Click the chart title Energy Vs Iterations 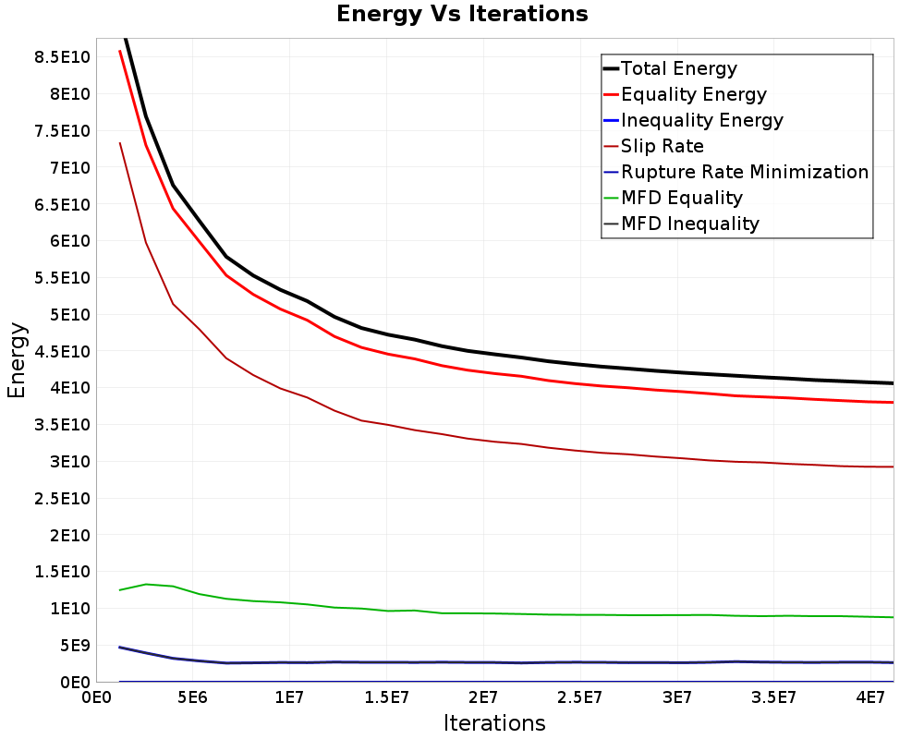462,14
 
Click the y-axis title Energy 17,360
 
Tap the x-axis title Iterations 494,723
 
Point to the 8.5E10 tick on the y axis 62,57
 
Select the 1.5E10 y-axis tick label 62,572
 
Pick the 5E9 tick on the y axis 75,646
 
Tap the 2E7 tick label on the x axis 482,697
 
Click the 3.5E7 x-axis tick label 773,697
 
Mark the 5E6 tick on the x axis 193,697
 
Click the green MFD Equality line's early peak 146,584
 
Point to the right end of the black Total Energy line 893,383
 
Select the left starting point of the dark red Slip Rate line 119,142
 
